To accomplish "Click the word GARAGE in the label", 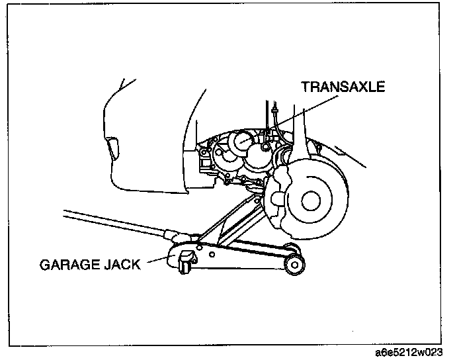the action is pos(68,265).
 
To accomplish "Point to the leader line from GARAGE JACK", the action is pos(159,259).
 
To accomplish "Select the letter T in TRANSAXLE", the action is pos(306,87).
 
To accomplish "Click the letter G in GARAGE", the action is pos(44,265).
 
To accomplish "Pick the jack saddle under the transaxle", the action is pos(255,189).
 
